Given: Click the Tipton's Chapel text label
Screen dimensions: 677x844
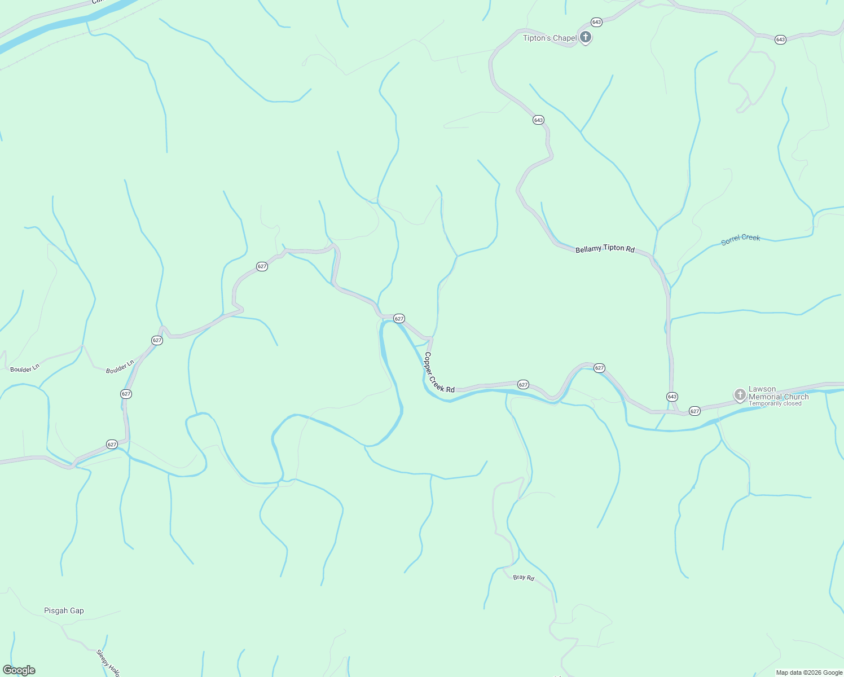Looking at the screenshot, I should click(x=550, y=38).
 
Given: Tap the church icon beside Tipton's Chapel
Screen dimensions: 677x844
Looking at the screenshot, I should click(x=586, y=38).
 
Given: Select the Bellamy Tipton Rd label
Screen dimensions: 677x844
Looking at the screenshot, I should click(x=605, y=249).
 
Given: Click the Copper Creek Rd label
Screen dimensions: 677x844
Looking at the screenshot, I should click(x=439, y=373).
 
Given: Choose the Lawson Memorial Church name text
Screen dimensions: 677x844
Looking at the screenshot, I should click(x=778, y=393).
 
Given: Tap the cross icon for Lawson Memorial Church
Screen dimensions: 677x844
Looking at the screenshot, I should click(x=740, y=395).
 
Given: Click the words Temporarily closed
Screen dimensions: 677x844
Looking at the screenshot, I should click(x=775, y=404).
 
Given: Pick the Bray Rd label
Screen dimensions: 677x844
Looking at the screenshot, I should click(x=524, y=578).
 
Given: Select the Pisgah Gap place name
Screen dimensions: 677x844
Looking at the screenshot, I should click(x=64, y=610).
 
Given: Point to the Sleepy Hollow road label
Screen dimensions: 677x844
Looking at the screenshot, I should click(x=107, y=663).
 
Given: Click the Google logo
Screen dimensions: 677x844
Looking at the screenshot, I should click(x=19, y=670).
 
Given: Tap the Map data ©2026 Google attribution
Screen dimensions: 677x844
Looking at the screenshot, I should click(x=809, y=672).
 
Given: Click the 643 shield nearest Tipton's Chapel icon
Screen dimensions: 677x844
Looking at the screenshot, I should click(x=596, y=22).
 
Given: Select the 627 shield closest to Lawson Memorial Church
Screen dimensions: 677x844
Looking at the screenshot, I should click(x=694, y=411).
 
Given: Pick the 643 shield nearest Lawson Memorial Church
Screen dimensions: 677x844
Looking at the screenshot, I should click(x=672, y=397).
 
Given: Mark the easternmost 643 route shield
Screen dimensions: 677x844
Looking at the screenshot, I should click(x=780, y=39).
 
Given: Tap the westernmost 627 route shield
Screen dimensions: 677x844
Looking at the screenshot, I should click(x=112, y=445).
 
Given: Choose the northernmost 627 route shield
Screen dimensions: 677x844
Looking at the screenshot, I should click(x=262, y=266).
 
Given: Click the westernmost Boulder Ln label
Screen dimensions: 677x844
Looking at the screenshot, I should click(x=25, y=368).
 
